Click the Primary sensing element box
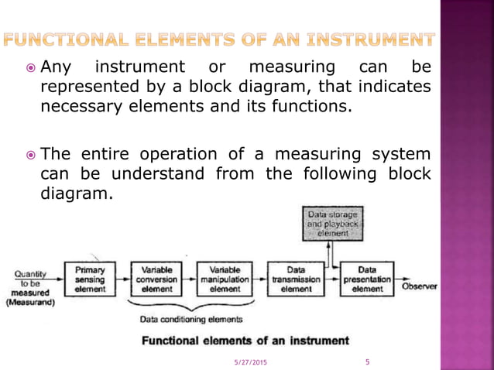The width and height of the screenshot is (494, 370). (90, 279)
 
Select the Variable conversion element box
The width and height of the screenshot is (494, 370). (157, 279)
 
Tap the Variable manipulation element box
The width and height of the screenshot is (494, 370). (225, 279)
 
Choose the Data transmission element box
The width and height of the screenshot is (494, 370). (295, 279)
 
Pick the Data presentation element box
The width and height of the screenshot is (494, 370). (366, 279)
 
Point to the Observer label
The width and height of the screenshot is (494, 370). (419, 286)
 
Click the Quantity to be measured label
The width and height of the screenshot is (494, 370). (30, 288)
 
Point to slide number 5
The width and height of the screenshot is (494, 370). (367, 361)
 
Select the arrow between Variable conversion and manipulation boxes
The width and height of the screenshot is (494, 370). (190, 279)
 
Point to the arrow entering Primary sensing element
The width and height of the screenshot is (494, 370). (59, 279)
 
